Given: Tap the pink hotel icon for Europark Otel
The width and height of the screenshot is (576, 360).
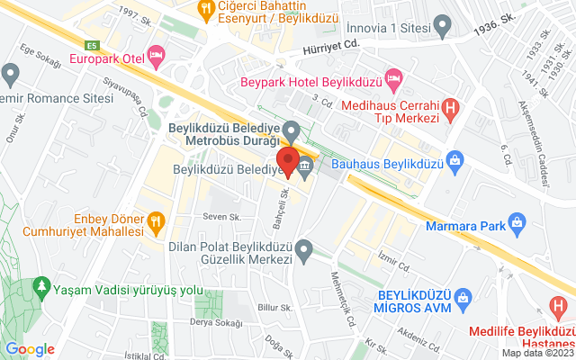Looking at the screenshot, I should click(x=157, y=58).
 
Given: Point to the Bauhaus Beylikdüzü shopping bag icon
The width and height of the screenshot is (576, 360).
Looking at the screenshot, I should click(x=455, y=163).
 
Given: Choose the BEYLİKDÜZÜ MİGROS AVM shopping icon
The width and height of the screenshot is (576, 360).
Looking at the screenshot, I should click(x=463, y=296).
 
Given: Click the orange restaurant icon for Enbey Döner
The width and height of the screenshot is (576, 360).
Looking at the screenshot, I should click(x=156, y=218).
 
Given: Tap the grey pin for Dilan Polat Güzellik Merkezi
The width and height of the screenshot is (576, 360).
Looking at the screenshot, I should click(x=305, y=247).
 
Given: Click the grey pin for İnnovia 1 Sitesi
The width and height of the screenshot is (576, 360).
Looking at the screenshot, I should click(x=441, y=23).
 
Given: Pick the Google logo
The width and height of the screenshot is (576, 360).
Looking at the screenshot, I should click(x=30, y=349).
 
